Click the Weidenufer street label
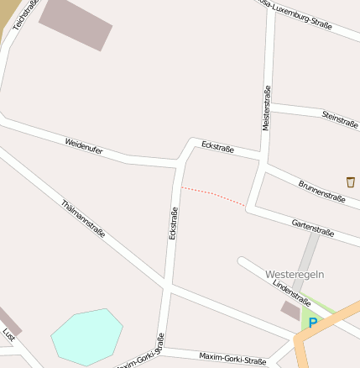point(83,145)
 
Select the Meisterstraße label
point(266,108)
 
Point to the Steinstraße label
point(340,118)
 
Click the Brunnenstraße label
point(321,192)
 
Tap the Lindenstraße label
point(291,291)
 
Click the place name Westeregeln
point(294,275)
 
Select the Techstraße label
point(20,14)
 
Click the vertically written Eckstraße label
point(174,223)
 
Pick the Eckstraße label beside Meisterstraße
point(217,148)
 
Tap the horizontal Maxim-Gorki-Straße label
point(232,358)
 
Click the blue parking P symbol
point(313,322)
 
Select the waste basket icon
point(350,181)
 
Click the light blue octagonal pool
point(86,335)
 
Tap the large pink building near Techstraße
point(76,23)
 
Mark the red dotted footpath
point(214,196)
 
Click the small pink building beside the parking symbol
point(290,310)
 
